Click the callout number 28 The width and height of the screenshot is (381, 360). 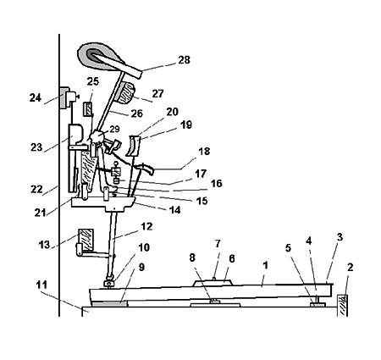click(x=184, y=60)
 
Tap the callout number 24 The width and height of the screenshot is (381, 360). click(x=36, y=98)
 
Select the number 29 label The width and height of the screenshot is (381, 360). click(x=114, y=129)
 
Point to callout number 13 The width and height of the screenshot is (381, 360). click(x=44, y=245)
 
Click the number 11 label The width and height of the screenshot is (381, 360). click(x=42, y=285)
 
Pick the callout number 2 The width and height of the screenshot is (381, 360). click(x=350, y=267)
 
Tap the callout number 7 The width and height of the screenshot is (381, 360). click(x=218, y=244)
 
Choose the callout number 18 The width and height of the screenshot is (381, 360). click(x=204, y=152)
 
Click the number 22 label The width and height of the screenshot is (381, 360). click(x=36, y=189)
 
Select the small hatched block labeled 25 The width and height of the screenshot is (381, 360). click(x=87, y=109)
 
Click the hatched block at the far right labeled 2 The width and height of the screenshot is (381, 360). click(x=342, y=306)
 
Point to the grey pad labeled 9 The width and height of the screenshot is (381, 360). click(x=110, y=304)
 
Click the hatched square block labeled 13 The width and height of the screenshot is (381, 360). click(x=86, y=240)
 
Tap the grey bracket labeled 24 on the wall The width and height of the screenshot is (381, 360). click(x=64, y=97)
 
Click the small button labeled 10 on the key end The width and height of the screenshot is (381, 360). click(x=109, y=283)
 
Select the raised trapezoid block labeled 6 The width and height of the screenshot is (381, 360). click(x=213, y=283)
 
